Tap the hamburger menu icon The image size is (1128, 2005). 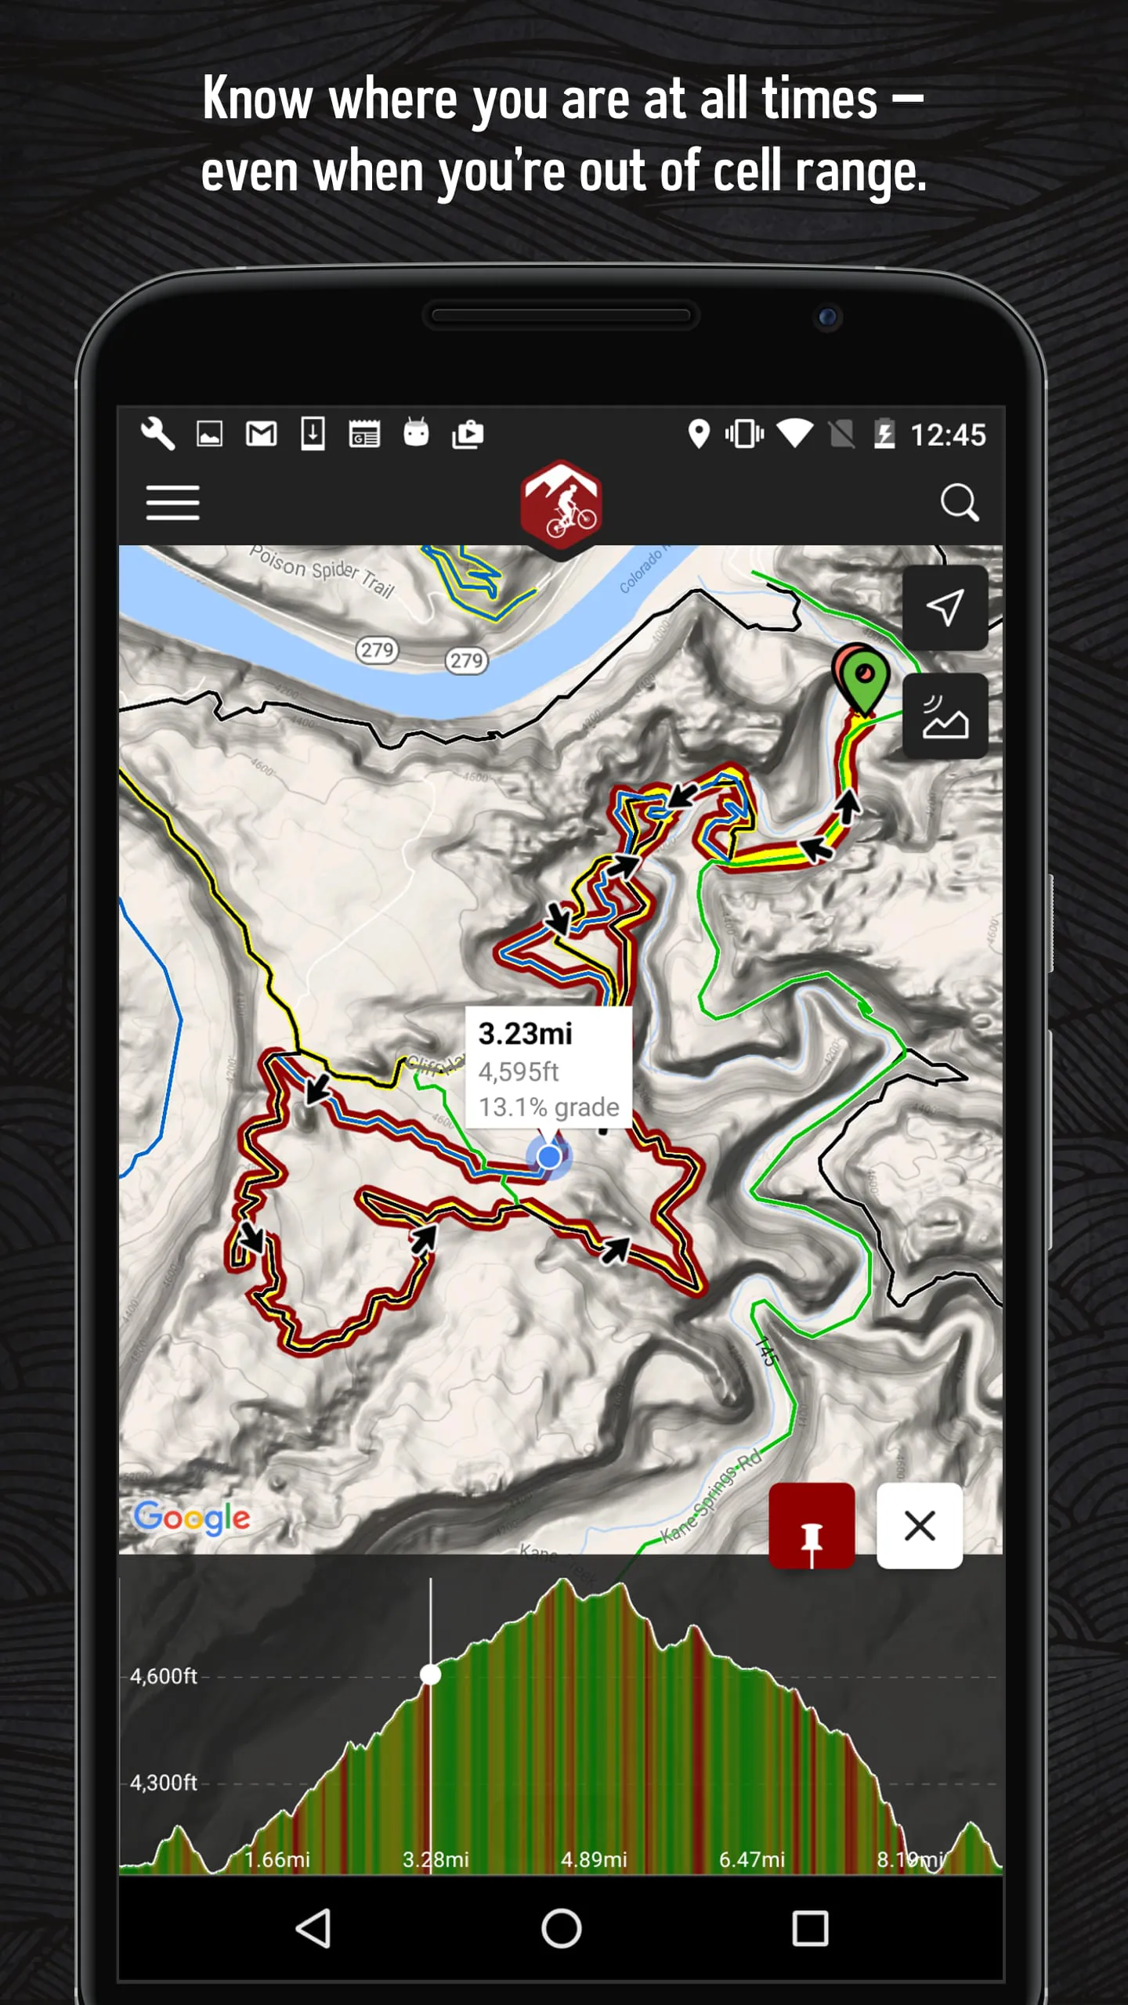point(172,502)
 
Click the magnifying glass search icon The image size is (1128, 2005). point(959,502)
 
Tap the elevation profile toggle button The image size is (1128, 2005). point(945,716)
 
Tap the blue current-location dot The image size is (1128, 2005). point(550,1156)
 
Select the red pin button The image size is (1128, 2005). point(812,1526)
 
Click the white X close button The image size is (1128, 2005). point(920,1526)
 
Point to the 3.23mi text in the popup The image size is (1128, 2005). point(525,1034)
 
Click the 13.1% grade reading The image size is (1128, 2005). point(548,1107)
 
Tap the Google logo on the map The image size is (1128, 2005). point(192,1518)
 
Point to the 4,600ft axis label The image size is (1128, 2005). point(163,1676)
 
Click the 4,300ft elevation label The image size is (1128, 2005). point(163,1783)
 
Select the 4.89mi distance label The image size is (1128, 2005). point(594,1859)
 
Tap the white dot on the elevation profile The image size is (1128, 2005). point(430,1674)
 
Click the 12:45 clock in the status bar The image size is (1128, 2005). point(948,435)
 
